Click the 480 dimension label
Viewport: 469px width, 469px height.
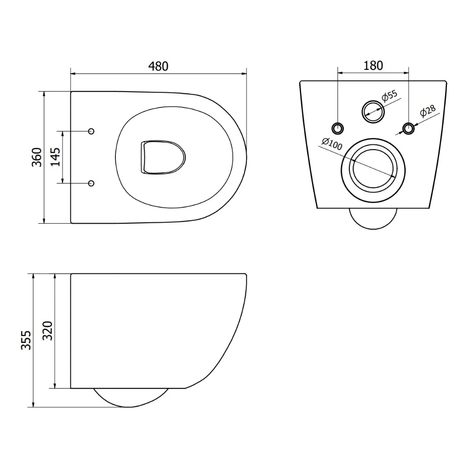[158, 66]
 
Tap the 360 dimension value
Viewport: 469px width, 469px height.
[37, 157]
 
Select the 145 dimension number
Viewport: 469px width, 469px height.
[55, 157]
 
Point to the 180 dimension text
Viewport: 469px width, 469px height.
[373, 66]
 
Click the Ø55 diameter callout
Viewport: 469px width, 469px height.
[389, 96]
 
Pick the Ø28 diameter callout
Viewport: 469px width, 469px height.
[428, 111]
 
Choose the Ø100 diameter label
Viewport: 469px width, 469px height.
[332, 144]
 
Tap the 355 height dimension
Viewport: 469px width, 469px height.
[26, 340]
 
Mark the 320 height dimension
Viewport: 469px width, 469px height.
[47, 331]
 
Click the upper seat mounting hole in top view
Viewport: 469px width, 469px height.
[91, 131]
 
